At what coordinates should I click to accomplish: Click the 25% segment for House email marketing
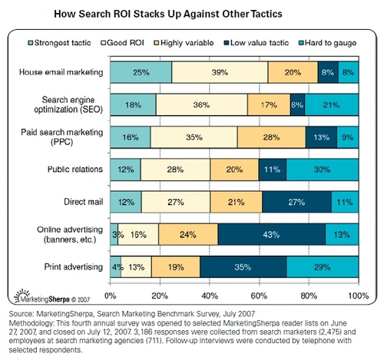click(x=141, y=73)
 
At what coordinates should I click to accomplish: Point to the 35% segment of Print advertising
click(x=243, y=267)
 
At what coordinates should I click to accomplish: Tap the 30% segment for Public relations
click(x=322, y=169)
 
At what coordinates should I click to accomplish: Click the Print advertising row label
click(x=73, y=266)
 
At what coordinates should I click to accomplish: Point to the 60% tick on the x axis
click(x=259, y=296)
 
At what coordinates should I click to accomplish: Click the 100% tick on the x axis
click(x=356, y=296)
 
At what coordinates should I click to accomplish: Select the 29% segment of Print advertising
click(x=322, y=267)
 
